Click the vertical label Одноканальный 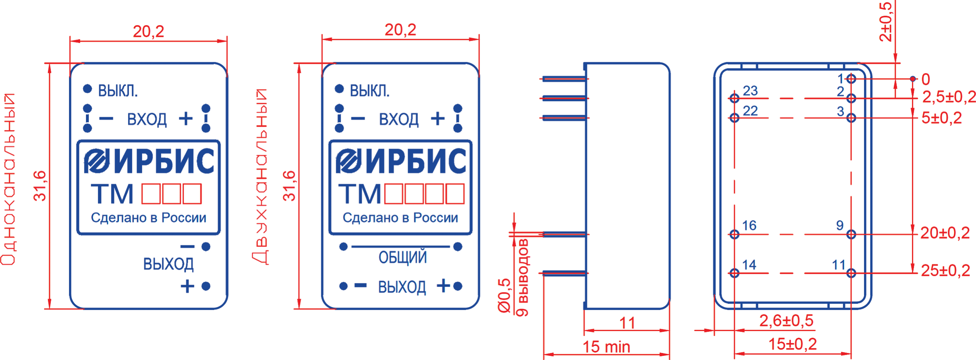[x=8, y=179]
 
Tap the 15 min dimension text [x=606, y=347]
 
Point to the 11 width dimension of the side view [x=627, y=323]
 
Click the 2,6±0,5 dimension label [x=786, y=320]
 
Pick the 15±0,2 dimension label [x=792, y=344]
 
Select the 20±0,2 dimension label [x=945, y=233]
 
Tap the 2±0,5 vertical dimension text [x=886, y=21]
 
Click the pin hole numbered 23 [x=734, y=98]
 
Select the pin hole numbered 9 [x=851, y=234]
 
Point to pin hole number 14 [x=734, y=273]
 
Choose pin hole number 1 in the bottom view [x=851, y=79]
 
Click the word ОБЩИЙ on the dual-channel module [x=402, y=258]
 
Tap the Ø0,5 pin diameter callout [x=505, y=296]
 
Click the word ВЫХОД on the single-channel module [x=168, y=264]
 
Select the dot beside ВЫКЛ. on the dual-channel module [x=339, y=89]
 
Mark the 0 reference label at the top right [x=926, y=79]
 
